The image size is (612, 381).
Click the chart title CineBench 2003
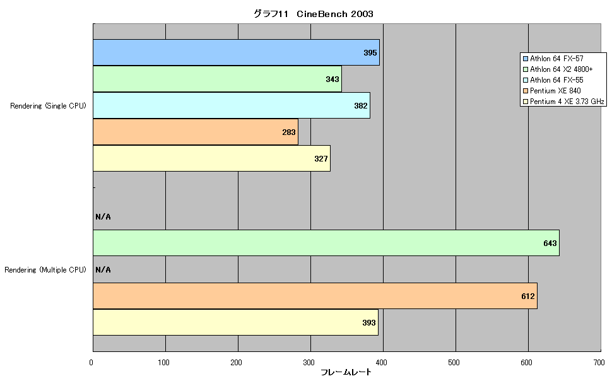pyautogui.click(x=314, y=14)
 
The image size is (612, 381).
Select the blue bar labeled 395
pyautogui.click(x=236, y=52)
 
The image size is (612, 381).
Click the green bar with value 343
pyautogui.click(x=218, y=79)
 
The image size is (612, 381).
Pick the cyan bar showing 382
pyautogui.click(x=232, y=105)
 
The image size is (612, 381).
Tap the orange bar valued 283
pyautogui.click(x=196, y=132)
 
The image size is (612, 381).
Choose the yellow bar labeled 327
pyautogui.click(x=211, y=158)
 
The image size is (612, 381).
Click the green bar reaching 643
pyautogui.click(x=326, y=243)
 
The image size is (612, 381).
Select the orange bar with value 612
pyautogui.click(x=315, y=296)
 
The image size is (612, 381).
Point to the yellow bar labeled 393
pyautogui.click(x=236, y=322)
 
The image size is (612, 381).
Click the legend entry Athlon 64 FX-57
pyautogui.click(x=553, y=59)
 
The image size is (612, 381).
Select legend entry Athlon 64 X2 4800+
pyautogui.click(x=558, y=69)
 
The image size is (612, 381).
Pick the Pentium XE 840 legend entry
pyautogui.click(x=552, y=91)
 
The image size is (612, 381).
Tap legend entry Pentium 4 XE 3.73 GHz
pyautogui.click(x=563, y=102)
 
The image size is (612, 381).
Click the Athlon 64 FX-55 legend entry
pyautogui.click(x=553, y=80)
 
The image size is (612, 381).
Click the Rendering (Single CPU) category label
pyautogui.click(x=48, y=106)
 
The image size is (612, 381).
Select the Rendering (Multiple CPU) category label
pyautogui.click(x=45, y=270)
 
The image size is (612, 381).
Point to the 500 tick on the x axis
pyautogui.click(x=454, y=362)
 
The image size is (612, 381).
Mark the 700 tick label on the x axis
pyautogui.click(x=599, y=362)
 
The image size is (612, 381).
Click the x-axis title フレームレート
pyautogui.click(x=346, y=372)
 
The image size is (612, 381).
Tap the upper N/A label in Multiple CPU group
pyautogui.click(x=103, y=216)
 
